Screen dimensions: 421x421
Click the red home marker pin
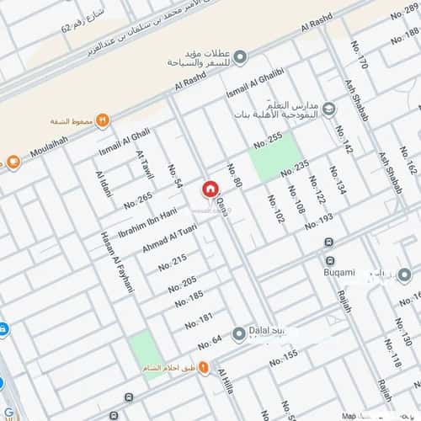pyautogui.click(x=210, y=189)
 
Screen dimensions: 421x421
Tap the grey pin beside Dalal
pyautogui.click(x=238, y=331)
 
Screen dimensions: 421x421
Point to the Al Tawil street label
pyautogui.click(x=146, y=166)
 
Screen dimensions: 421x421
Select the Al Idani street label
pyautogui.click(x=104, y=184)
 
